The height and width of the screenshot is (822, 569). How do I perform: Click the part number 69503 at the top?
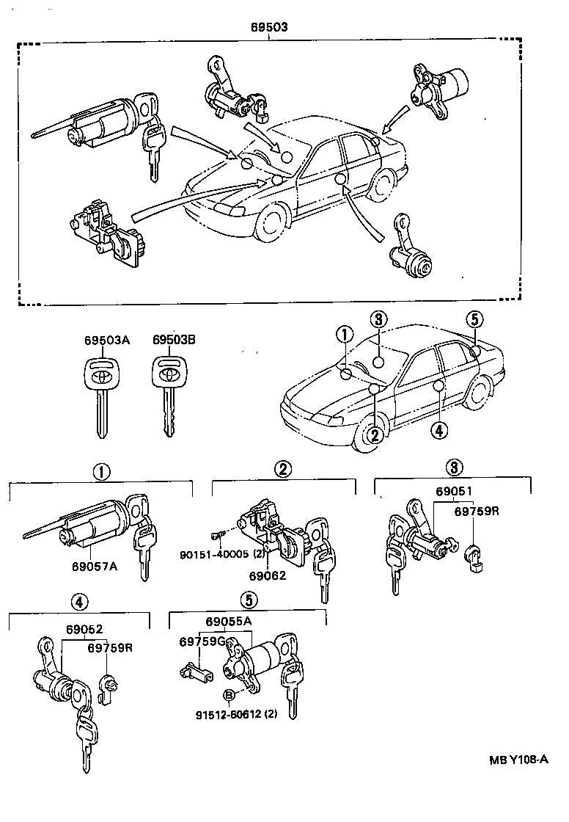[x=268, y=28]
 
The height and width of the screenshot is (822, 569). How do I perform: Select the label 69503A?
[x=106, y=341]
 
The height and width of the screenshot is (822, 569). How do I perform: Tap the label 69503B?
[x=175, y=341]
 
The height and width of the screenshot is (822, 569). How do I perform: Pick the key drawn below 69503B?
[x=169, y=397]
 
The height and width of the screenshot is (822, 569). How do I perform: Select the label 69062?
[x=267, y=575]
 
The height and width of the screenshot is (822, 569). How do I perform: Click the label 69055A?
[x=229, y=622]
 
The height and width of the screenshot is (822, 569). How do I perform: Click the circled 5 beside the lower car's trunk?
[x=474, y=319]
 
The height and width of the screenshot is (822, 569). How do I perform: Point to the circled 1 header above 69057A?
[x=101, y=470]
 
